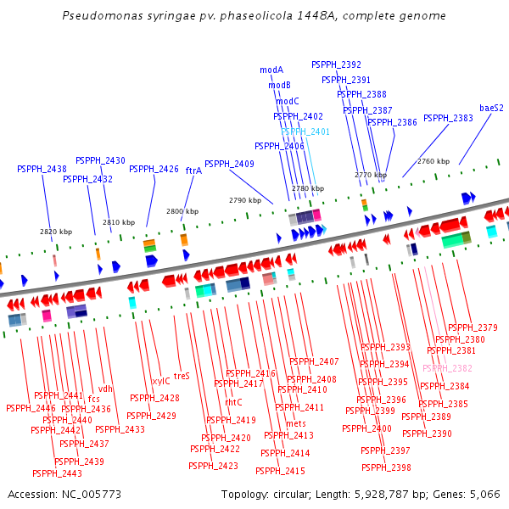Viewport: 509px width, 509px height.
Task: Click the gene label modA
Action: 271,70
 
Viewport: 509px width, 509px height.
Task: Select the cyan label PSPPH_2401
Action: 305,131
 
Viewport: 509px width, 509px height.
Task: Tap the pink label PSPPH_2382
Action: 447,368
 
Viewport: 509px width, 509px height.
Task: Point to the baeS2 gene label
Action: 491,108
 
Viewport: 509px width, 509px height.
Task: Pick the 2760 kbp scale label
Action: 433,161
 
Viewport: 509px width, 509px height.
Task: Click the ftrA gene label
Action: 193,171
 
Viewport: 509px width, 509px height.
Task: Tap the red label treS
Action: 182,375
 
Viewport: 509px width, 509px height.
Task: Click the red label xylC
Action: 160,381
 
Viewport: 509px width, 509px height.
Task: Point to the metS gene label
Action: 296,423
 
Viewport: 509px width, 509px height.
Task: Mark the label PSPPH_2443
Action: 58,473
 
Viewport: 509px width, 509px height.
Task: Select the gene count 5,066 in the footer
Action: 485,494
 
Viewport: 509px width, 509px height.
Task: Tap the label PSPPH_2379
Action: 473,327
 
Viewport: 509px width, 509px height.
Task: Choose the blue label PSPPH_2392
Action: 336,64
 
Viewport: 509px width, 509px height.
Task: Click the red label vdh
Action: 105,389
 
